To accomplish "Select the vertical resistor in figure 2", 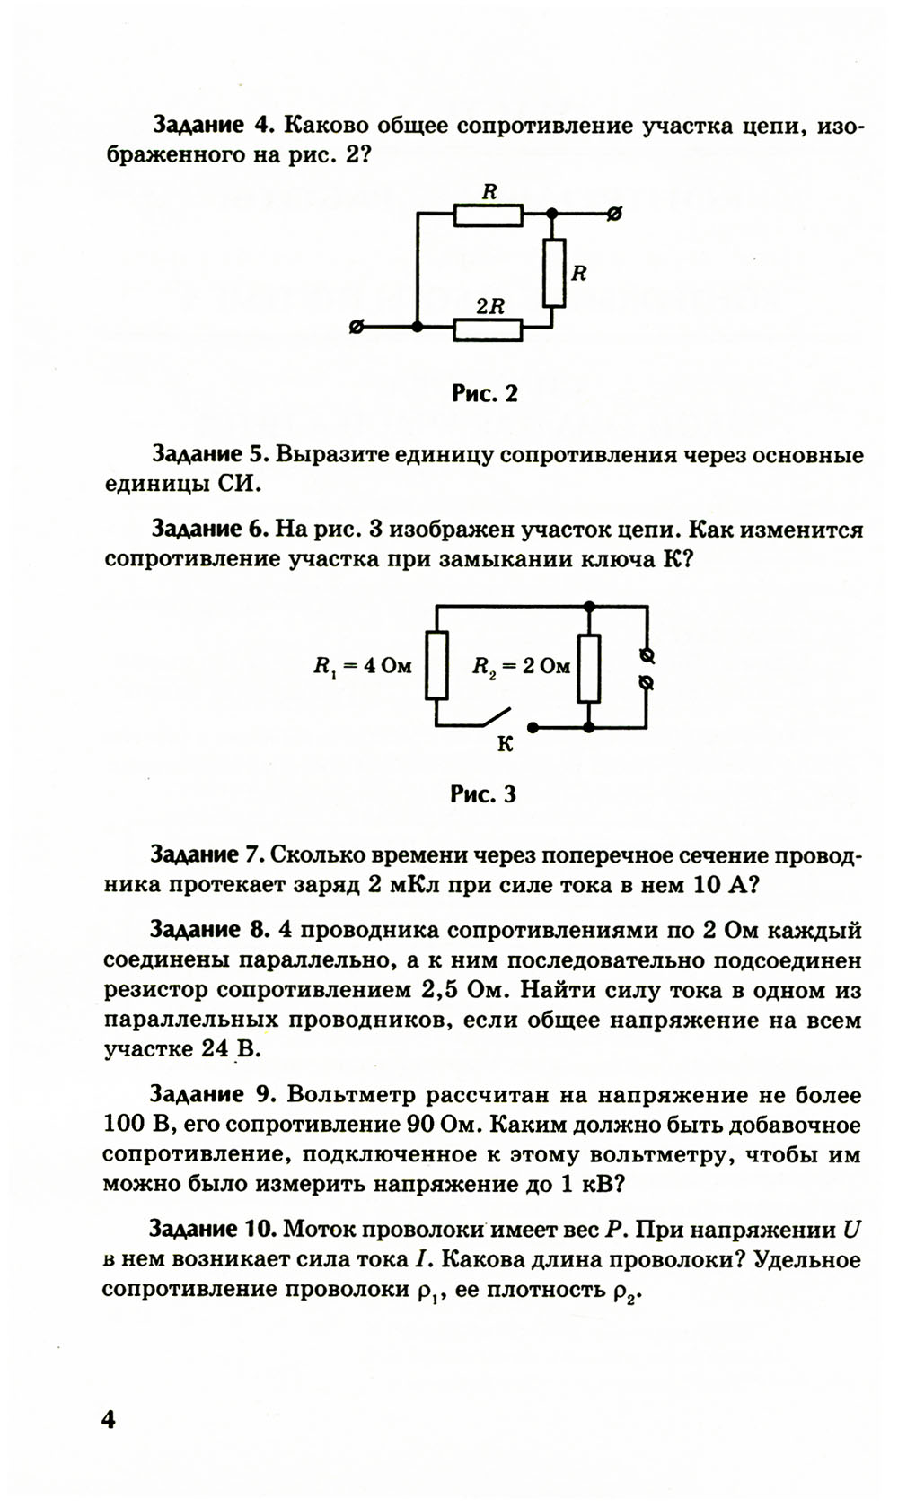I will (553, 273).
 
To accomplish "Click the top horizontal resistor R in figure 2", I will (488, 215).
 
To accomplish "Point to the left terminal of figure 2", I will (357, 328).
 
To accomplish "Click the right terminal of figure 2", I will (615, 215).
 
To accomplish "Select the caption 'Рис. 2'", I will (485, 393).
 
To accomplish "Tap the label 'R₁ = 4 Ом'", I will (362, 666).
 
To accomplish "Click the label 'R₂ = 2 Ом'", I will (522, 666).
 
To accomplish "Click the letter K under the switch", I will (505, 744).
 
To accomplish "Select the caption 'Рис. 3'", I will (484, 793).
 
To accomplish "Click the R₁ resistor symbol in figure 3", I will (436, 666).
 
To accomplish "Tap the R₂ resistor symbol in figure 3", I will (589, 668).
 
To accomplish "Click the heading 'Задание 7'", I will (207, 854).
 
